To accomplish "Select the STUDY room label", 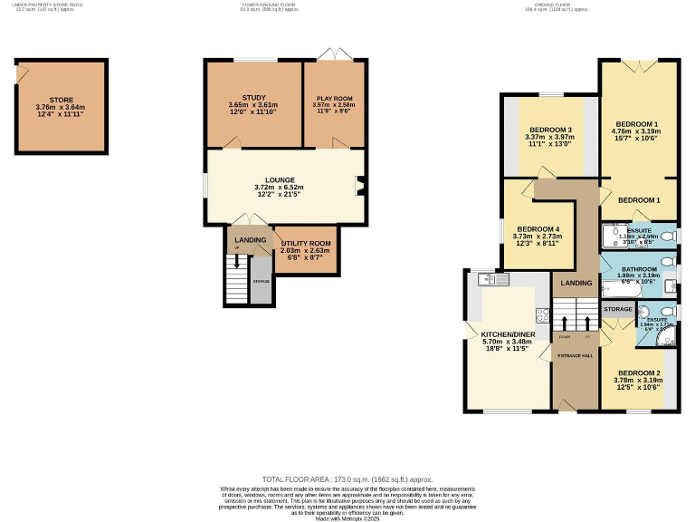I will coord(252,97).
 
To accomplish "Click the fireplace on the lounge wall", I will coord(361,188).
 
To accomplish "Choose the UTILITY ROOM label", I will coord(306,243).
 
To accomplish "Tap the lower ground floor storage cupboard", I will coord(261,282).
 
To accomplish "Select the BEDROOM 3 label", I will coord(549,130).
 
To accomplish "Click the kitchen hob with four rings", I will coord(543,315).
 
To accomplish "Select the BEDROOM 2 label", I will coord(638,372).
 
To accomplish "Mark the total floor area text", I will coord(347,478).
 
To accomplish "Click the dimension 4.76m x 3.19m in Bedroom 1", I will coord(637,133).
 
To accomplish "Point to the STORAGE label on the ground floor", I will coord(617,309).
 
